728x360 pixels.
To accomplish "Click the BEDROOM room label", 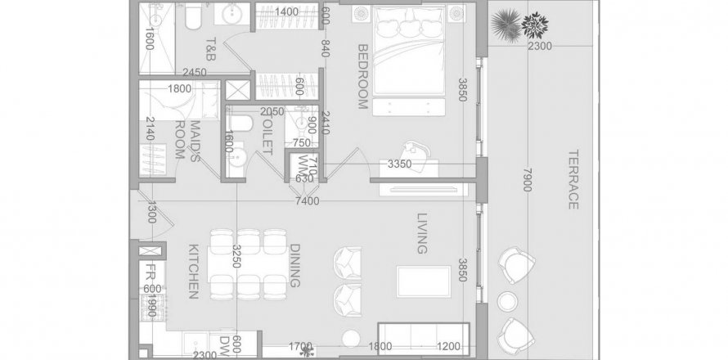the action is tap(362, 77).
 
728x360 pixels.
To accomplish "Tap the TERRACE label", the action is tap(573, 179).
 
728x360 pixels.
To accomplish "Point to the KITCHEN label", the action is tap(194, 272).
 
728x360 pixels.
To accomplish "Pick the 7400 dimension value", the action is tap(308, 201).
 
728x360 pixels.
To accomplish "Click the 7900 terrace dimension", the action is tap(528, 180).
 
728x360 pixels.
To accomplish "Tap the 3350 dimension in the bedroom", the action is tap(400, 164).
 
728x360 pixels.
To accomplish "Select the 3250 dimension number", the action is tap(236, 256).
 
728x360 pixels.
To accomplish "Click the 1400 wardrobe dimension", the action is tap(286, 11).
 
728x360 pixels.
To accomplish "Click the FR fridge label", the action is tap(151, 271).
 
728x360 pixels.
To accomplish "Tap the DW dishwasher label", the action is tap(226, 344).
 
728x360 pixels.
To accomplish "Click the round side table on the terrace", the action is tap(508, 301).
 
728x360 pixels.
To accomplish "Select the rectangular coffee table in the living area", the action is tap(424, 281).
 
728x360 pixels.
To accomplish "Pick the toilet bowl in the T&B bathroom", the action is tap(191, 16).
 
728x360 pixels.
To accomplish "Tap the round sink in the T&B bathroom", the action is tap(231, 15).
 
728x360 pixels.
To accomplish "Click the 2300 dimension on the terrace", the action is tap(540, 46).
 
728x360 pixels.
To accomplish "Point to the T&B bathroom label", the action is tap(209, 49).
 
